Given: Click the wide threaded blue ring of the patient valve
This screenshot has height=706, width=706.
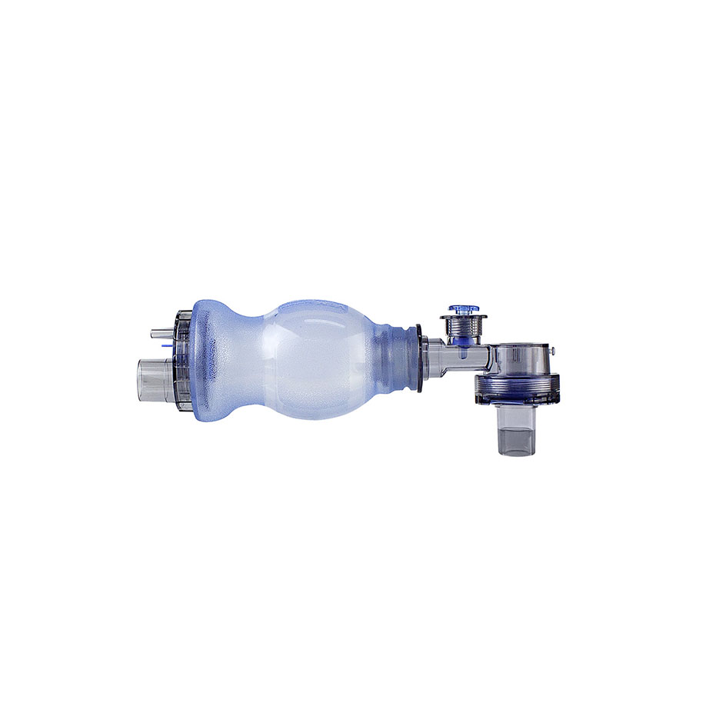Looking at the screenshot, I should click(516, 388).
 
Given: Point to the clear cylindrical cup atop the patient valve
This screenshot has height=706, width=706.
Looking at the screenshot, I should click(519, 358).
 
